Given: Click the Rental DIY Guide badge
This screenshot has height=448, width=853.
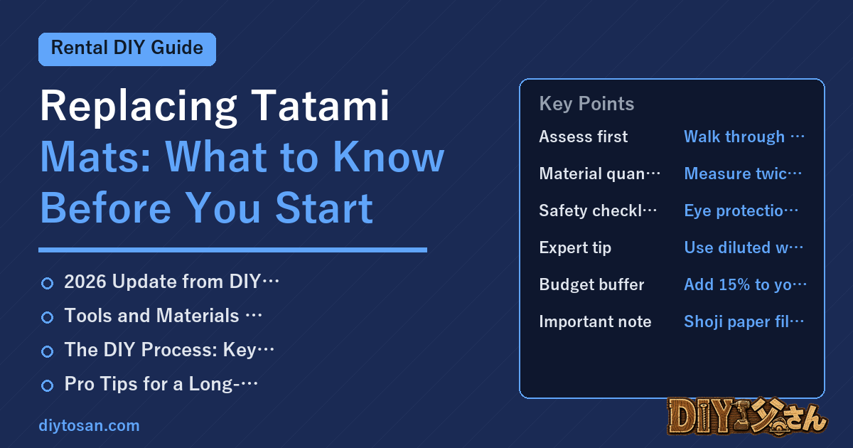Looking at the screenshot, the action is pos(127,49).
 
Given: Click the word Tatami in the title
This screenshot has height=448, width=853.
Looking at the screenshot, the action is pos(320,105).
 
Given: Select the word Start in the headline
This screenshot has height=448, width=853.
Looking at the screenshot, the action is pos(323,208).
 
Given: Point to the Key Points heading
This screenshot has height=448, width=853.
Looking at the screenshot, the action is pos(586,104).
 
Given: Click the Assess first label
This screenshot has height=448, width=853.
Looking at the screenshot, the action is pos(584,137).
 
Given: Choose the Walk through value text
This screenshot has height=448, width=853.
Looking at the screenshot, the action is pos(744,137).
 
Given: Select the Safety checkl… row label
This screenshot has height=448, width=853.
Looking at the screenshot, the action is pos(598,210).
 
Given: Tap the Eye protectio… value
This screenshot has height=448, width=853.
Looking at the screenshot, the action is pos(741,210).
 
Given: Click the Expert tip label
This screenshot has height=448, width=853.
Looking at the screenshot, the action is pos(575,248).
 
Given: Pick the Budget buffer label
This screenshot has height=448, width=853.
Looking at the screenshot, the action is pos(591,284).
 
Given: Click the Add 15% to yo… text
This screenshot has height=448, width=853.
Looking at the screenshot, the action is pos(745,284).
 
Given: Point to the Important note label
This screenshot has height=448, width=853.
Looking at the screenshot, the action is pos(595,321).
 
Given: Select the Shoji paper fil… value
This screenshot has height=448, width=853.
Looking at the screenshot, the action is pos(744,322).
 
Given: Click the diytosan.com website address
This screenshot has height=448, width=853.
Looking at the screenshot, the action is pos(89,425).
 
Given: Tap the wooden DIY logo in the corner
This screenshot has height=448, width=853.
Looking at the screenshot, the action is pos(747,417).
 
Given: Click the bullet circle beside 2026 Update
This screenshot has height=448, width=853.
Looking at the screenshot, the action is pos(47,283).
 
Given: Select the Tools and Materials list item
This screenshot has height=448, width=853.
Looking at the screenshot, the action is pos(163,316).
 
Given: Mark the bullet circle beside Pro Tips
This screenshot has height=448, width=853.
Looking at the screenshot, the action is pos(47,385).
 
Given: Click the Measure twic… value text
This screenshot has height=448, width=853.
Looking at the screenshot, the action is pos(743,174).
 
